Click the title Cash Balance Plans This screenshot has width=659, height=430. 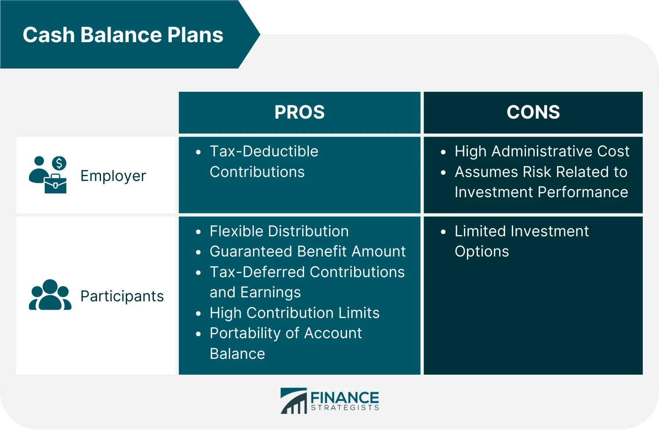pyautogui.click(x=123, y=35)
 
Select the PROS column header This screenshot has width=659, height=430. pyautogui.click(x=299, y=112)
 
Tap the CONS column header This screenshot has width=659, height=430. pyautogui.click(x=533, y=112)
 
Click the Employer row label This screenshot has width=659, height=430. pyautogui.click(x=113, y=176)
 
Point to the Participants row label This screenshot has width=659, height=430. pyautogui.click(x=122, y=296)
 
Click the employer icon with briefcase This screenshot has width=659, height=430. pyautogui.click(x=47, y=175)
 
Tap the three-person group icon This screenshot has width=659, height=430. pyautogui.click(x=50, y=295)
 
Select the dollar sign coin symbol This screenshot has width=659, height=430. pyautogui.click(x=59, y=163)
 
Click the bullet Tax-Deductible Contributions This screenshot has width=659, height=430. pyautogui.click(x=264, y=161)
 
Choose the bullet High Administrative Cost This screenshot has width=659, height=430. pyautogui.click(x=541, y=151)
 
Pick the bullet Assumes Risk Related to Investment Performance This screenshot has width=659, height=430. pyautogui.click(x=541, y=182)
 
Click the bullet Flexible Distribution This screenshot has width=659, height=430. pyautogui.click(x=279, y=231)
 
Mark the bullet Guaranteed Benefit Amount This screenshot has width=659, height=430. pyautogui.click(x=308, y=251)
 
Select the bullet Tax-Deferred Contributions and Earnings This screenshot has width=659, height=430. pyautogui.click(x=307, y=282)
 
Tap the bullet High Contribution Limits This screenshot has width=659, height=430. pyautogui.click(x=294, y=313)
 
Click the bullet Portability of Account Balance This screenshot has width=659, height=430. pyautogui.click(x=286, y=343)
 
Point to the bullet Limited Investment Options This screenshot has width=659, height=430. pyautogui.click(x=521, y=241)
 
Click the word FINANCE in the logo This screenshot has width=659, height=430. pyautogui.click(x=344, y=397)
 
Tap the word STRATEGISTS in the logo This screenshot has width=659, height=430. pyautogui.click(x=344, y=408)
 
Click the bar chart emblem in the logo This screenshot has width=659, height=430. pyautogui.click(x=294, y=401)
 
